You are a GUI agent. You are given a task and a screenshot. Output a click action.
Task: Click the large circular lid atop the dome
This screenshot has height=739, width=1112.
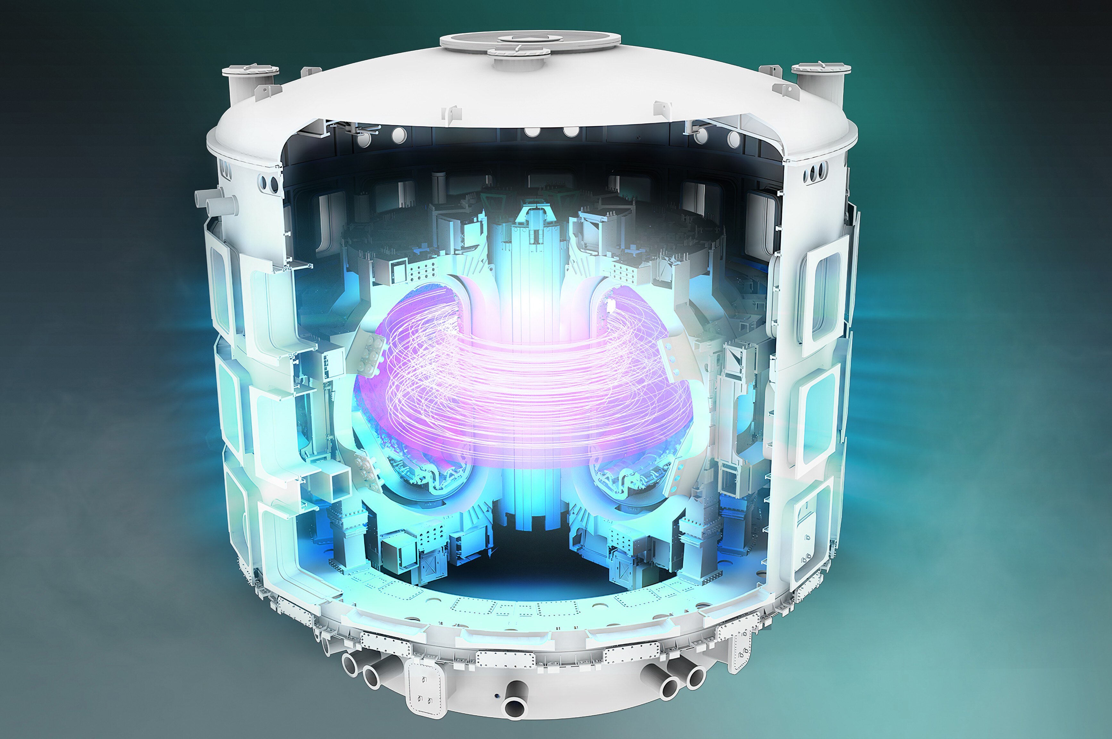point(530,40)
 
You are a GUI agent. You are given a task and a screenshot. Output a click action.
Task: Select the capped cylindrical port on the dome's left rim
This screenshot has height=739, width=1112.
point(250,82)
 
